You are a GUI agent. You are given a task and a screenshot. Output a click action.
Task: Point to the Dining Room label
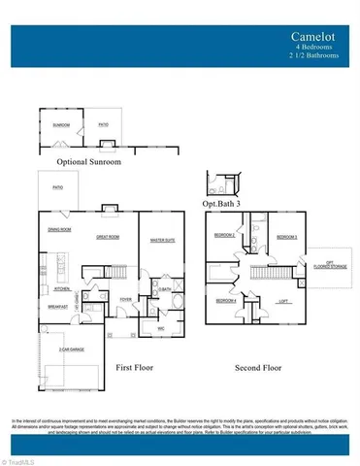click(x=59, y=229)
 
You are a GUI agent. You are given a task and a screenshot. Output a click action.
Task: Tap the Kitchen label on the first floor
click(x=60, y=289)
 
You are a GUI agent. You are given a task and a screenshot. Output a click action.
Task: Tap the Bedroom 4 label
click(x=226, y=301)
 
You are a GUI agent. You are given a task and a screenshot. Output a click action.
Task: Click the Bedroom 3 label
click(x=286, y=237)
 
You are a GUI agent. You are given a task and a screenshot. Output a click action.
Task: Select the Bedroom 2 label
click(x=224, y=236)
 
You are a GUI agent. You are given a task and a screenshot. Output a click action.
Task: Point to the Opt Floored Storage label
click(x=330, y=262)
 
